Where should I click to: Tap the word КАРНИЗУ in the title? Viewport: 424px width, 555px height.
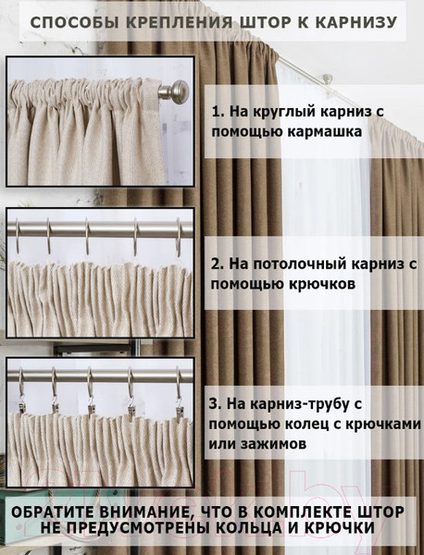tap(360, 22)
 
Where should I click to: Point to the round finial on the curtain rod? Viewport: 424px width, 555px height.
tap(177, 92)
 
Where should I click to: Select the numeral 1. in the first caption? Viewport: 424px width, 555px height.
tap(218, 111)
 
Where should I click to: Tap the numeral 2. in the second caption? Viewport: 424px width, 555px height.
tap(218, 264)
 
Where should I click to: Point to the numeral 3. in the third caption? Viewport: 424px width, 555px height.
tap(218, 403)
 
